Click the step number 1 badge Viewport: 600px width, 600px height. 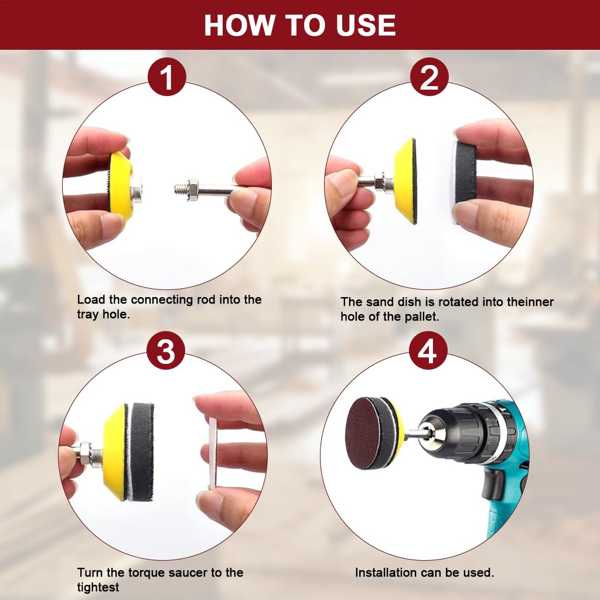pyautogui.click(x=167, y=77)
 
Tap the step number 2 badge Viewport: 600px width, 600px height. pyautogui.click(x=429, y=77)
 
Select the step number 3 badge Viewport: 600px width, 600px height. pyautogui.click(x=166, y=350)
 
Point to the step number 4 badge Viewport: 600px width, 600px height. pyautogui.click(x=428, y=350)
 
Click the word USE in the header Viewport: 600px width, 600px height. pyautogui.click(x=366, y=25)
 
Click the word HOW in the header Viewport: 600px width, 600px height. pyautogui.click(x=239, y=25)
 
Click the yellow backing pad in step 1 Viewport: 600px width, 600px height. pyautogui.click(x=121, y=186)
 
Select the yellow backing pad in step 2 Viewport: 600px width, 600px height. pyautogui.click(x=405, y=180)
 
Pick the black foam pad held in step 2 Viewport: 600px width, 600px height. pyautogui.click(x=465, y=179)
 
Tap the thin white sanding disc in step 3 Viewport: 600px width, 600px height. pyautogui.click(x=212, y=453)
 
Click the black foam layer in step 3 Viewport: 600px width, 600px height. pyautogui.click(x=142, y=452)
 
